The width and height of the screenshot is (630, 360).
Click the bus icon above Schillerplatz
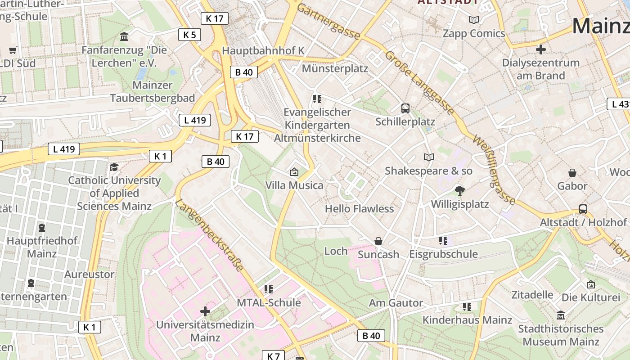coord(405,108)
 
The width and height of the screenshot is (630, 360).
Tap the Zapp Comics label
coord(474,33)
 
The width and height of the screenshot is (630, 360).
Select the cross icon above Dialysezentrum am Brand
coord(541,49)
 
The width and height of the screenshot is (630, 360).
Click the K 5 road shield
coord(189,35)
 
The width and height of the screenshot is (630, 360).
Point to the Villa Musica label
coord(294,185)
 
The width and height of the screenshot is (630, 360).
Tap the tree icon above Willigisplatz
coord(459,191)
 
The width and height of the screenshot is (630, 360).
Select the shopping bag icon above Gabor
coord(572,173)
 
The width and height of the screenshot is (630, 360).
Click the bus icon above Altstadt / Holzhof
coord(583,209)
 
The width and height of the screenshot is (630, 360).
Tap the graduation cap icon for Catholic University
coord(114,167)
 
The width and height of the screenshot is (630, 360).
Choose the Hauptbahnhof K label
coord(263,50)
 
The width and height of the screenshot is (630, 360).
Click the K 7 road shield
coord(274,356)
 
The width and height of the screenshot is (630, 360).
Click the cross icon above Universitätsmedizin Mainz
coord(205,311)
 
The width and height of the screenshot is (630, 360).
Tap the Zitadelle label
coord(532,295)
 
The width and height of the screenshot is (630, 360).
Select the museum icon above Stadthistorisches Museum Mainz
coord(560,315)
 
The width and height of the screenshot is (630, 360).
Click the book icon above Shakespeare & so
coord(429,157)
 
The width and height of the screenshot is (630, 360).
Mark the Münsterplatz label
coord(335,68)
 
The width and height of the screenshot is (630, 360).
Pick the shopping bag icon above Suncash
coord(378,241)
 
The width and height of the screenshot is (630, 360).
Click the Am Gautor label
coord(396,303)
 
